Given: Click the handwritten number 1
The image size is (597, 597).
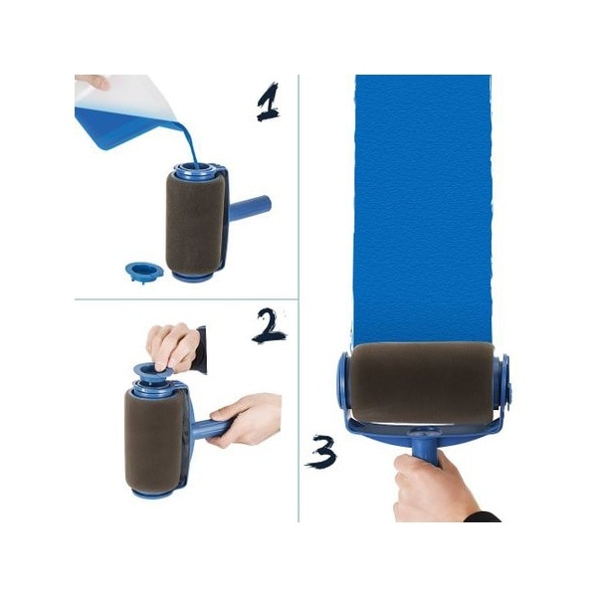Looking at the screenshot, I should [267, 101].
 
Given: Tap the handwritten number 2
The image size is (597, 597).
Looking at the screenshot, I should [269, 326].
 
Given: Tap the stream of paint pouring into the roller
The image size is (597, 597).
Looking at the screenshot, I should [189, 149].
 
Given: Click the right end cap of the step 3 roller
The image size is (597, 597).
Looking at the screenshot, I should [503, 383].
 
